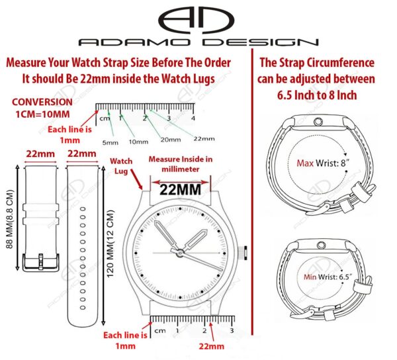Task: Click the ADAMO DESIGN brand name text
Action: point(198,42)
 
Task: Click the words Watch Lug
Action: point(120,165)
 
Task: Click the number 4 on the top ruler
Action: point(193,118)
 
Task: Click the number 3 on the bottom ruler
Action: point(232,330)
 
